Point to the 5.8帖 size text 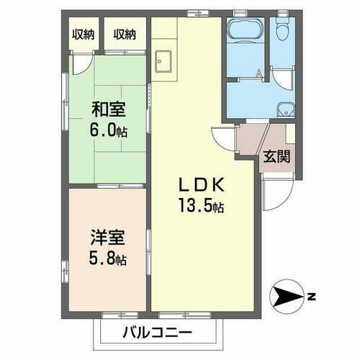point(104,257)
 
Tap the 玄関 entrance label point(276,157)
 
